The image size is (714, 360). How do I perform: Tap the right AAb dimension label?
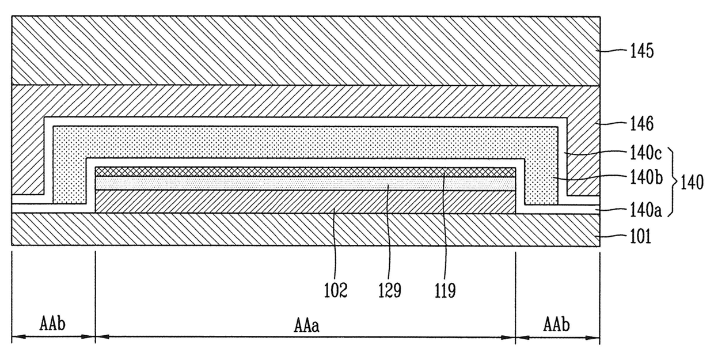[x=556, y=324]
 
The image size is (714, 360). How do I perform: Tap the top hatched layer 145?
[x=305, y=51]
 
